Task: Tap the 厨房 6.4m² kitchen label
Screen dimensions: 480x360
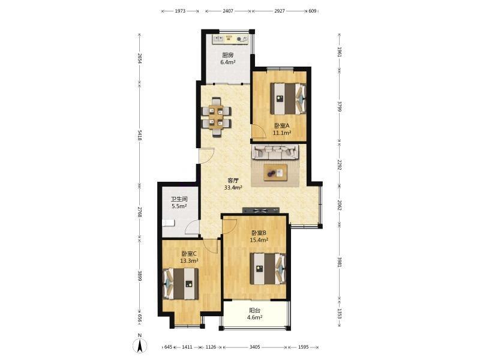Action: coord(228,59)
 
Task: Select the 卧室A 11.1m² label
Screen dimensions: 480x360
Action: coord(281,129)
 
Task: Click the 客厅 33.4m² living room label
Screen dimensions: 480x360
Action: coord(233,184)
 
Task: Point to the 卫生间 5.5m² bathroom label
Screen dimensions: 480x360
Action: coord(179,202)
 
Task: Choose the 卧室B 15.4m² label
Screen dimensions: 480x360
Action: coord(259,236)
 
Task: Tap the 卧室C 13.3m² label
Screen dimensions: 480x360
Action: coord(189,257)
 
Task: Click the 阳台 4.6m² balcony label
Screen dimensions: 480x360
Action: coord(254,314)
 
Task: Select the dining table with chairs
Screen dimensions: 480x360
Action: coord(217,116)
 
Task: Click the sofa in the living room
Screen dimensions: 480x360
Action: coord(275,152)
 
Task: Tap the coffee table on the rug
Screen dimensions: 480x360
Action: coord(275,173)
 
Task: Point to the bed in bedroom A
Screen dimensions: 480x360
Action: coord(288,99)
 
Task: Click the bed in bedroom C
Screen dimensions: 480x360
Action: coord(181,283)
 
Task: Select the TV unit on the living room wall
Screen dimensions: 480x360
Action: coord(261,210)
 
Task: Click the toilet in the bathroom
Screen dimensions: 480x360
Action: coord(168,223)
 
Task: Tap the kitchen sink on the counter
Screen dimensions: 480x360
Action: coord(218,39)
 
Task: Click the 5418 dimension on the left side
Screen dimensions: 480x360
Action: coord(140,135)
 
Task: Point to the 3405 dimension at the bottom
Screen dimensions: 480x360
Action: coord(254,347)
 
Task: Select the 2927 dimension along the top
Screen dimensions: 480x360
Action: coord(280,11)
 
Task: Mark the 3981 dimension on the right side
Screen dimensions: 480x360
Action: coord(339,262)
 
